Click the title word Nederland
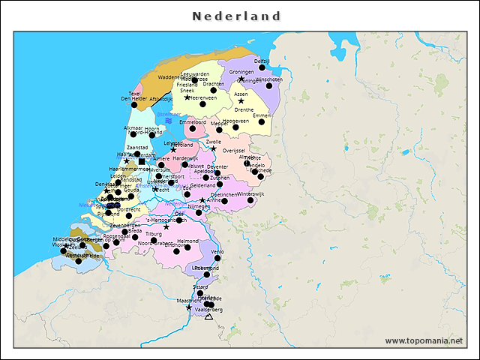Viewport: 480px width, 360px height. [x=236, y=16]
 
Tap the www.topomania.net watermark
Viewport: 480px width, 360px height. [x=424, y=340]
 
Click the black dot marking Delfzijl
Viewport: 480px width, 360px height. [x=262, y=68]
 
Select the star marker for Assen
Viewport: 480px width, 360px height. [x=241, y=101]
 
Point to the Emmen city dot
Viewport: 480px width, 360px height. [x=262, y=121]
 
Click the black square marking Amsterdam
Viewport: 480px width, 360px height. [x=141, y=162]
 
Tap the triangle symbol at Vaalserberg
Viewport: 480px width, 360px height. [x=208, y=316]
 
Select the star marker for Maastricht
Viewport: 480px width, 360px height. [x=188, y=307]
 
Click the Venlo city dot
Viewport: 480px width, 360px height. [x=217, y=259]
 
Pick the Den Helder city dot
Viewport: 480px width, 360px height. [x=134, y=105]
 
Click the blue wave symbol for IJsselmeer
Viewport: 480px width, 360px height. [x=169, y=120]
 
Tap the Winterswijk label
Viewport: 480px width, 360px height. [x=251, y=193]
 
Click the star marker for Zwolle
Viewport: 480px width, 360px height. [x=213, y=148]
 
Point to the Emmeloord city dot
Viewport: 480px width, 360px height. [x=193, y=129]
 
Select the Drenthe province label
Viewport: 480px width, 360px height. [x=244, y=109]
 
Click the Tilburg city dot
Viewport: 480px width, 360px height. [x=154, y=241]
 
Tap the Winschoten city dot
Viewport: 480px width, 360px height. [x=269, y=86]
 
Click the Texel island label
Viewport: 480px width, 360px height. [x=135, y=94]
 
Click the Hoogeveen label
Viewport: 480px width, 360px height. [x=235, y=120]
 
